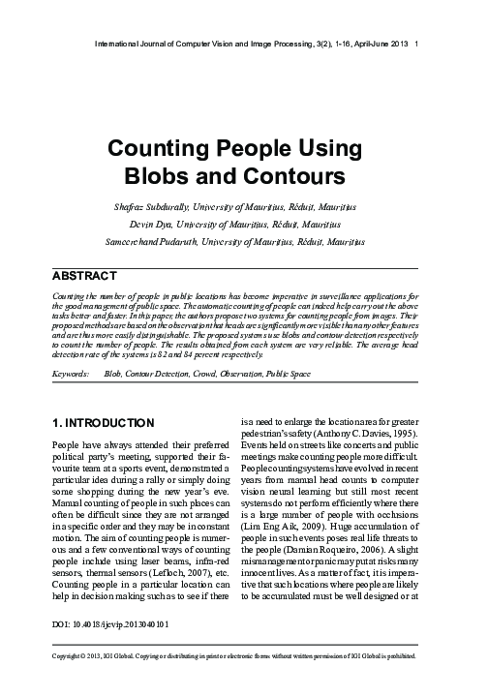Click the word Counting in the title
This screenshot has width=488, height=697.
pyautogui.click(x=156, y=151)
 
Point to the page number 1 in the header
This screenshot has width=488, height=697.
pyautogui.click(x=416, y=45)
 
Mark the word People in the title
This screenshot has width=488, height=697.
pyautogui.click(x=247, y=151)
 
